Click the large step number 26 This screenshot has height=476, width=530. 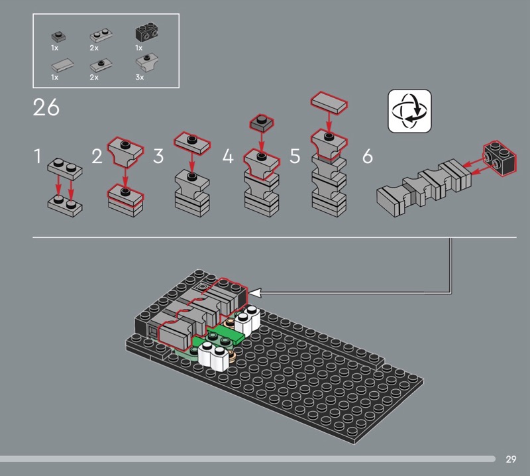click(x=46, y=107)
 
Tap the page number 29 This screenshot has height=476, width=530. click(x=511, y=459)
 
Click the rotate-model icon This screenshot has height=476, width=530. click(x=409, y=111)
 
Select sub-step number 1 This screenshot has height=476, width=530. click(x=38, y=156)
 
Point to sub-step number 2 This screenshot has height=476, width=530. click(x=97, y=156)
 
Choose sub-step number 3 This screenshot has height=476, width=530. click(x=158, y=156)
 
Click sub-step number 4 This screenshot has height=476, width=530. click(x=228, y=156)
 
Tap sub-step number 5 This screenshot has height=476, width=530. click(x=295, y=156)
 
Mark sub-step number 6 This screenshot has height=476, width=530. click(x=368, y=156)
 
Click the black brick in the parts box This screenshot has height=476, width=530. click(x=146, y=32)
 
